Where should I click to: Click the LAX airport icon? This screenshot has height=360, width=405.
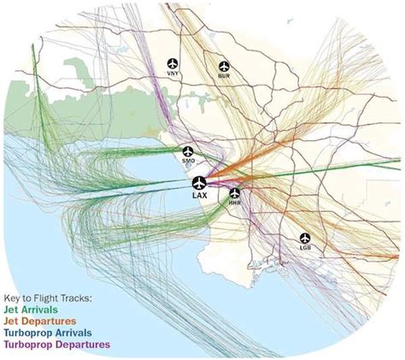click(x=199, y=182)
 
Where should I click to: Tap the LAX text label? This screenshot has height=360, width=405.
click(x=200, y=197)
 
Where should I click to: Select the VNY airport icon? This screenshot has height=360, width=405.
click(x=174, y=64)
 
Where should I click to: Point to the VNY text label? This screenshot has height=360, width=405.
click(x=174, y=76)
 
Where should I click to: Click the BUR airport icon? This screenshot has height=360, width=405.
click(x=225, y=65)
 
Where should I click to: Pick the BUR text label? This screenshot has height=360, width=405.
click(x=225, y=77)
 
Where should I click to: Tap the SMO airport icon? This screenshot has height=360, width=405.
click(x=190, y=151)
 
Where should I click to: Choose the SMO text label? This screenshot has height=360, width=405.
click(x=190, y=162)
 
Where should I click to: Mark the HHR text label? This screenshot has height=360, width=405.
click(x=235, y=204)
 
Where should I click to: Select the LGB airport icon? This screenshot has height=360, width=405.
click(x=306, y=239)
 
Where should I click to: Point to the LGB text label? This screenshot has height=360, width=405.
click(x=306, y=250)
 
